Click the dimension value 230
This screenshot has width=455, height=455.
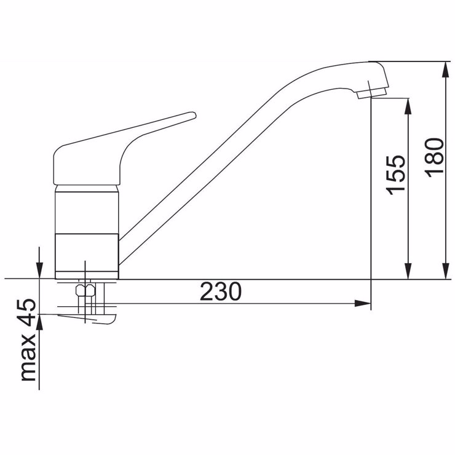(221, 291)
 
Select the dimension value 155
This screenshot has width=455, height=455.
(395, 175)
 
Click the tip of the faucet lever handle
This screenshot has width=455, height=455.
(194, 115)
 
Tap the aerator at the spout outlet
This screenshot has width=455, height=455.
(372, 93)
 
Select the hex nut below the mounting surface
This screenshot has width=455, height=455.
(85, 290)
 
